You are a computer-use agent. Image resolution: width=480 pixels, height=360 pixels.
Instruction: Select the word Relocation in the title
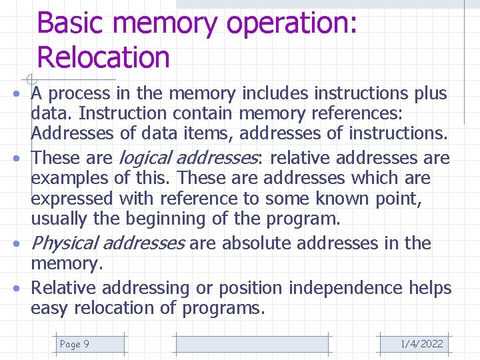pos(103,57)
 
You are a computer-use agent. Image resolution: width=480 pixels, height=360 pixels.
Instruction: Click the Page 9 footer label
pos(75,344)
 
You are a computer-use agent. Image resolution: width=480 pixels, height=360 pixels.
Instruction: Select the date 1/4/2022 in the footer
pos(421,344)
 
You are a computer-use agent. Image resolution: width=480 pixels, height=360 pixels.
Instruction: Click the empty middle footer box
pos(251,344)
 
